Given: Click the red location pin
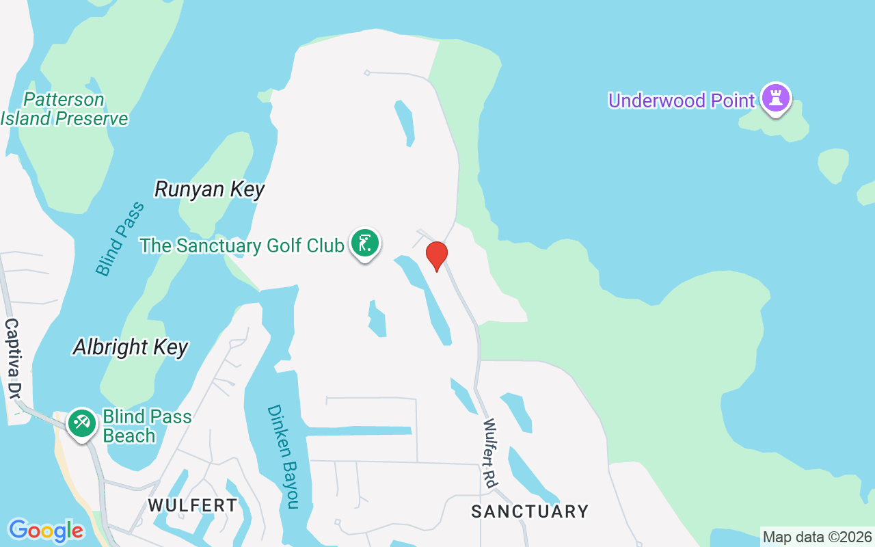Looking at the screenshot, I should [436, 255].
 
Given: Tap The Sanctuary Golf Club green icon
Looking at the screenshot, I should [365, 243].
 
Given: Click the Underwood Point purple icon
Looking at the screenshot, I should [775, 98].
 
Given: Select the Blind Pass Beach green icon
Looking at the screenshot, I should [82, 423].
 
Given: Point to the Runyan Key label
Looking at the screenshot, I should [209, 189].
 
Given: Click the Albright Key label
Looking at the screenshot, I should [131, 347].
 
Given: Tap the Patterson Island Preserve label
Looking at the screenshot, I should [64, 109].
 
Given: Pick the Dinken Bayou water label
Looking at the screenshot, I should [283, 456].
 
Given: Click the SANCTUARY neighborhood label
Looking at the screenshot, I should [530, 511].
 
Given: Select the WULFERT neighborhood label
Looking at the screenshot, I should [193, 506].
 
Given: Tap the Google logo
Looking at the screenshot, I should [46, 531].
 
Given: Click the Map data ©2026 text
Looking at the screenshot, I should [817, 537].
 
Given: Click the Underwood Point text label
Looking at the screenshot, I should [681, 101].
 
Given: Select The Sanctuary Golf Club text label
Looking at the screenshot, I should [241, 246].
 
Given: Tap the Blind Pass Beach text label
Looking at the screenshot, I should [146, 426].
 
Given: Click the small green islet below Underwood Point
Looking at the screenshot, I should [833, 165].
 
